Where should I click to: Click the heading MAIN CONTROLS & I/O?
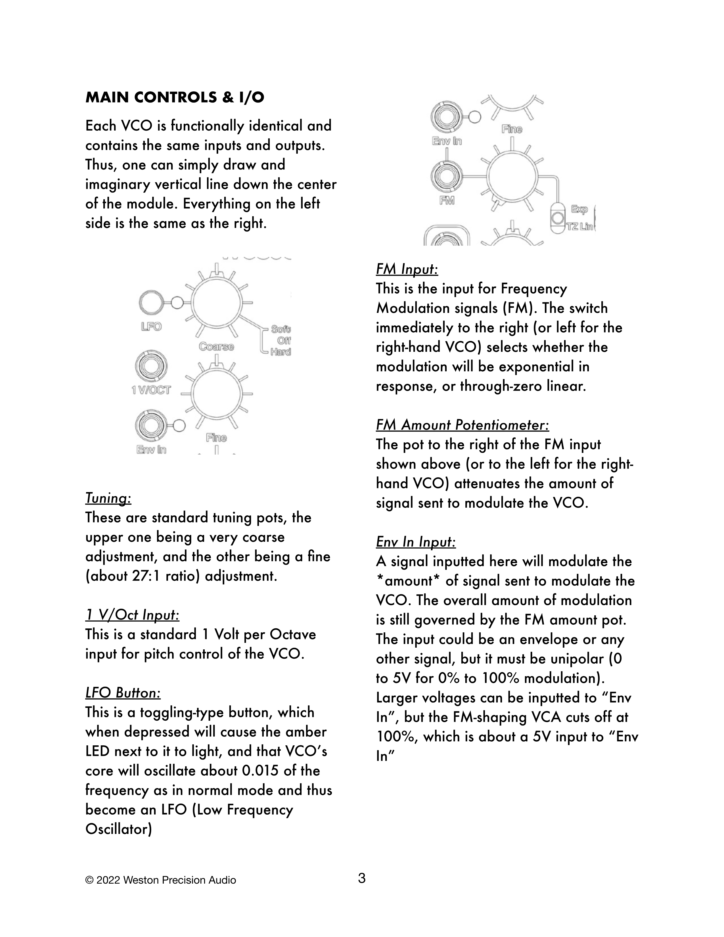[x=175, y=98]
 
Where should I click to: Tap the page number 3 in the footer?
[x=361, y=878]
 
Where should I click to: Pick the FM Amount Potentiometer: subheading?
[x=462, y=425]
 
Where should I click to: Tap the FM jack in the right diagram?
[x=446, y=176]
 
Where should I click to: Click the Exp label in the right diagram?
[x=579, y=209]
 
